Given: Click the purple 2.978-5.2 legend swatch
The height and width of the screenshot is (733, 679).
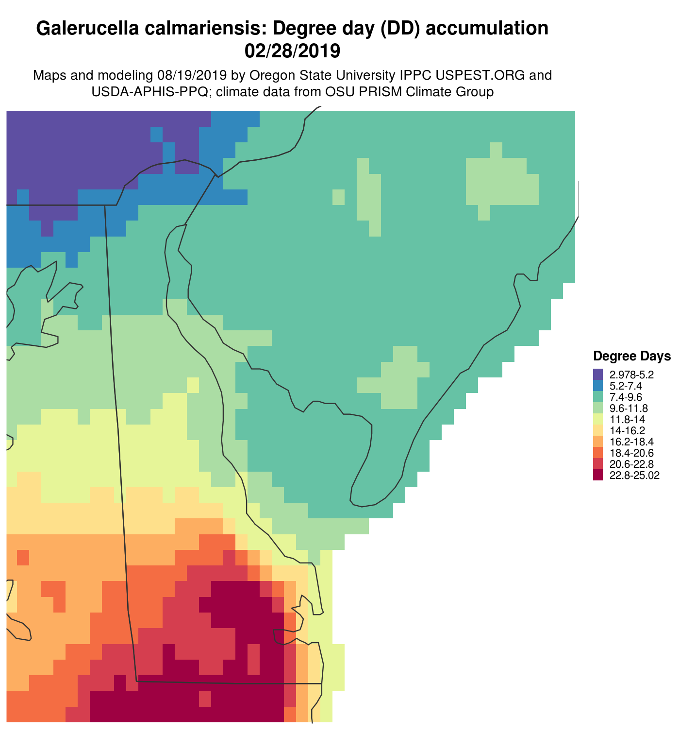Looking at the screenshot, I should tap(598, 375).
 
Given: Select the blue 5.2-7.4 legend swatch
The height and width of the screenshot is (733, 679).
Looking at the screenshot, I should tap(598, 386).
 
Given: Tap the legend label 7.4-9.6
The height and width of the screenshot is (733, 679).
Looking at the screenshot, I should tap(626, 397).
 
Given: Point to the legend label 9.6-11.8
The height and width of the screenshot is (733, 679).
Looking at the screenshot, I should tap(629, 408).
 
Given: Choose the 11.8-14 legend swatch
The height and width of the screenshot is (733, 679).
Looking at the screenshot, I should tap(598, 419).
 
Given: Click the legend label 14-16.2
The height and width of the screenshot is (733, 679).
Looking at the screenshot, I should tap(627, 430).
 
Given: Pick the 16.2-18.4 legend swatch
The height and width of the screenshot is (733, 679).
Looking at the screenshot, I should tap(598, 442).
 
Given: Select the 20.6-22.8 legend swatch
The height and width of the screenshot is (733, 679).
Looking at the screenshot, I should tap(598, 464).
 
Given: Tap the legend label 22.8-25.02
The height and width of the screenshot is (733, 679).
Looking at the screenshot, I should tap(634, 475).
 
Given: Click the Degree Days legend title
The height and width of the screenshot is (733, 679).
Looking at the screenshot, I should tap(632, 357).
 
